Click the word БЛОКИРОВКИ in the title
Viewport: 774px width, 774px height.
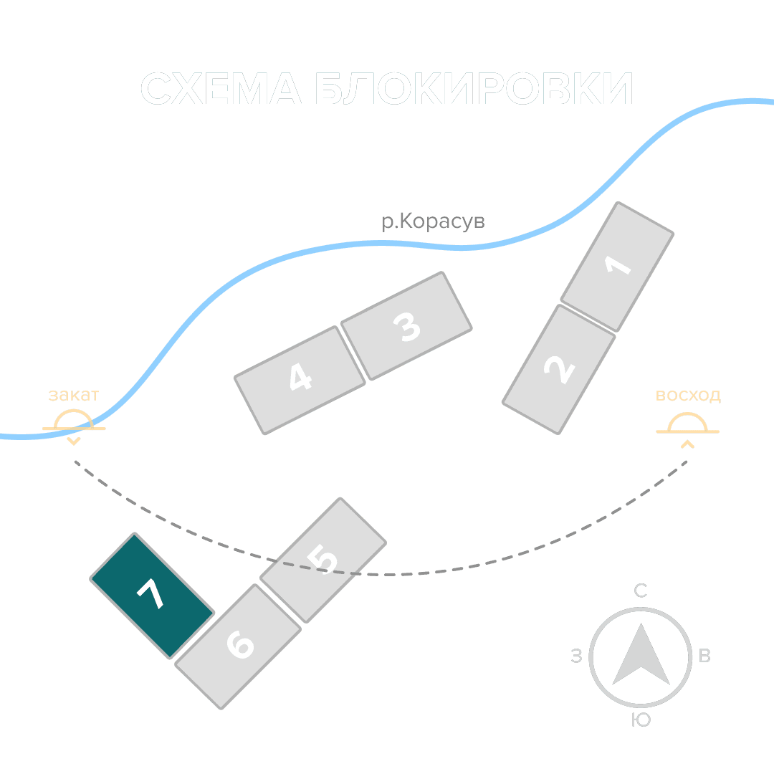(x=474, y=90)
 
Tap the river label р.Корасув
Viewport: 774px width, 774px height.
(x=433, y=222)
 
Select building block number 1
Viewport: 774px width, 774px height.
(x=617, y=267)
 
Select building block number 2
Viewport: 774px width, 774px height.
(x=558, y=369)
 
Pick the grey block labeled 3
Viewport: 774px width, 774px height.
(x=406, y=326)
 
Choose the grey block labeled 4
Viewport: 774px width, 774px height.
(x=300, y=380)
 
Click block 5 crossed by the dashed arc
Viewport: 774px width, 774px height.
(x=323, y=560)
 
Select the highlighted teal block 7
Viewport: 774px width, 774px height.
(x=152, y=595)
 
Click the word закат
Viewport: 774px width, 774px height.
(x=73, y=395)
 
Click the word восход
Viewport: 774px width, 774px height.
(x=688, y=396)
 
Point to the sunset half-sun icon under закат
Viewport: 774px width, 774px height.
(x=74, y=421)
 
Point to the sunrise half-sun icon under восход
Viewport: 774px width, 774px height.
(x=687, y=425)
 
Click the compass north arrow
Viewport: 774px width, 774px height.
(x=641, y=655)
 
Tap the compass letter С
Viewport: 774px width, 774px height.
(x=641, y=591)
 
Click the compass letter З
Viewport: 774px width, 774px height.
(x=576, y=656)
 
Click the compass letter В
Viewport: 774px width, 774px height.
(x=704, y=656)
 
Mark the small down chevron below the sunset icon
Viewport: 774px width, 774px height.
(x=73, y=441)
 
